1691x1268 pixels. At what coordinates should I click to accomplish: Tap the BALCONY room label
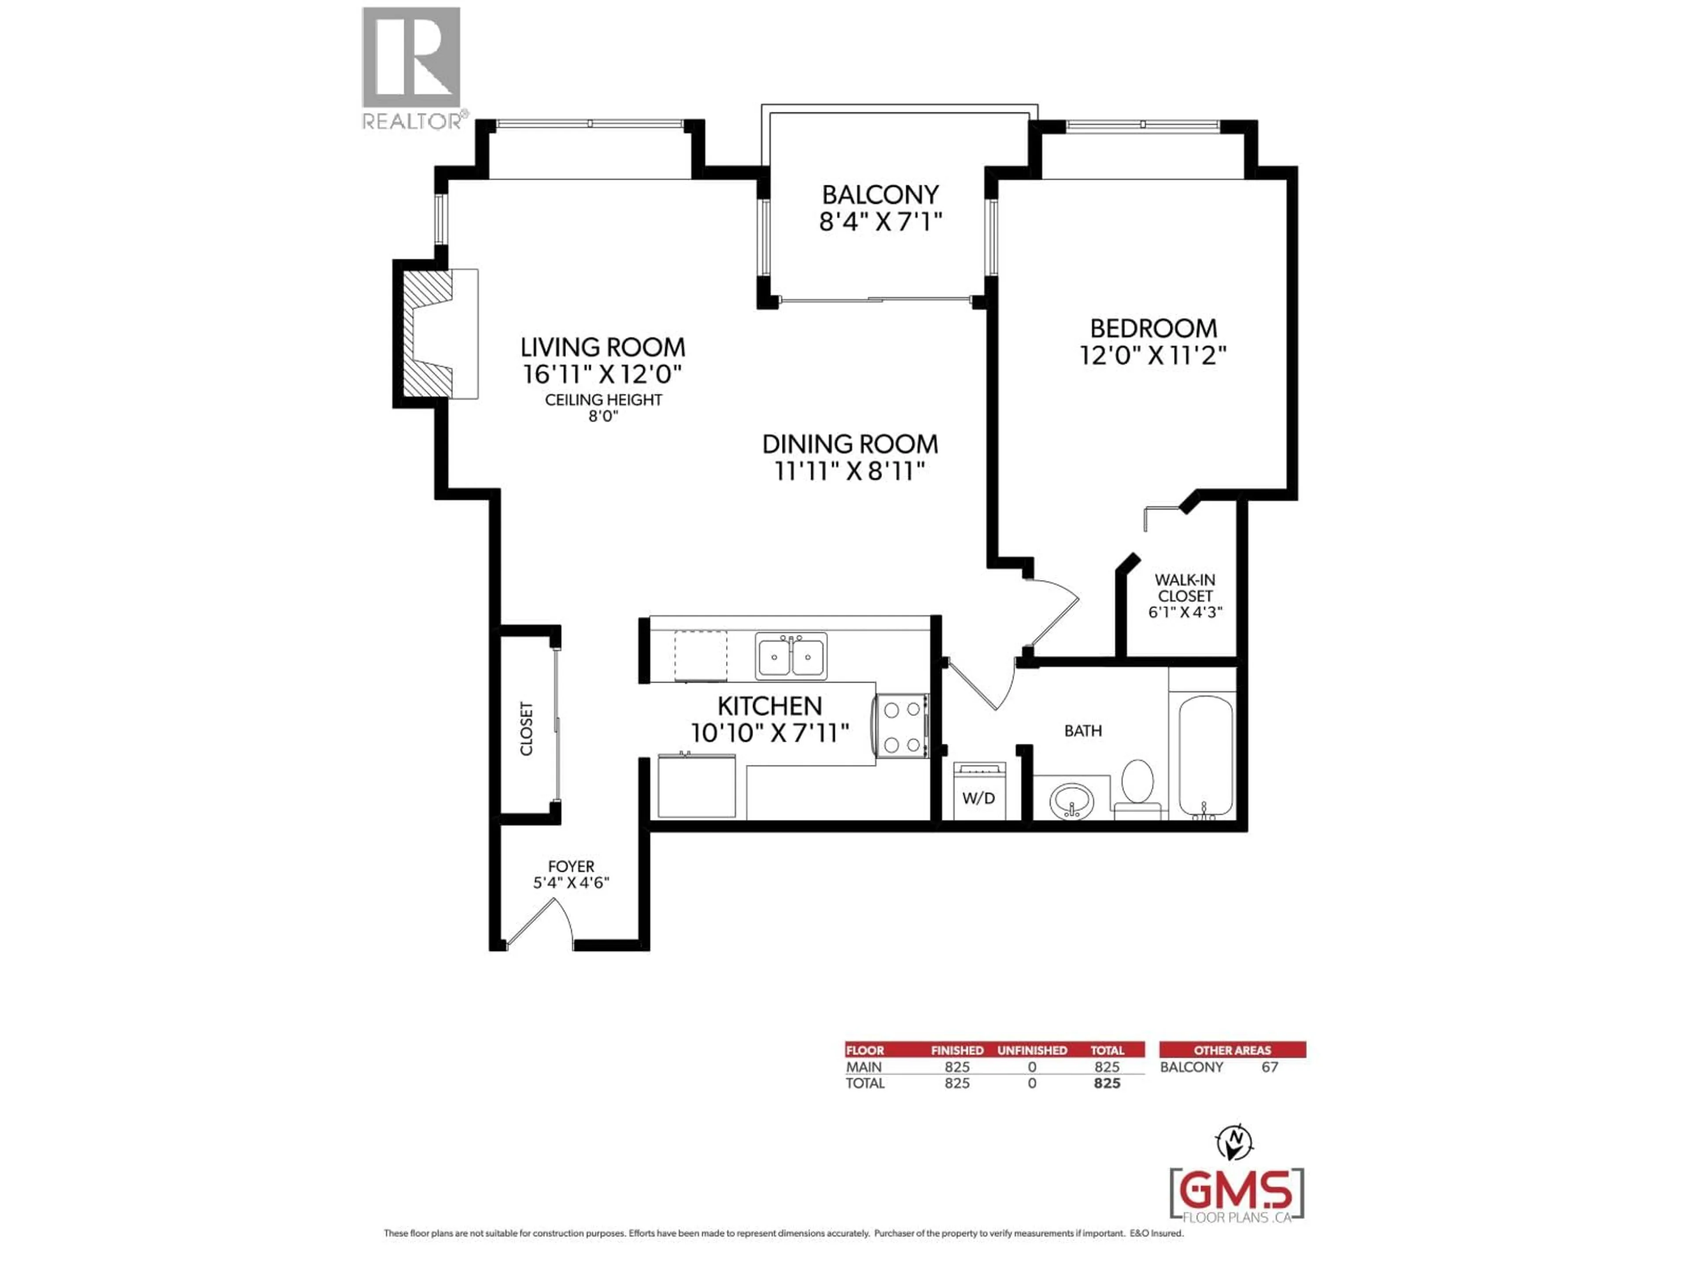coord(880,195)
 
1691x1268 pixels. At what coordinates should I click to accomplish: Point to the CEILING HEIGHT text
coord(603,400)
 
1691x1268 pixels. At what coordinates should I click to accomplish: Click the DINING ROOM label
coord(850,444)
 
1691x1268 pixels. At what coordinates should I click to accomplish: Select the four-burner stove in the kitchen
coord(902,726)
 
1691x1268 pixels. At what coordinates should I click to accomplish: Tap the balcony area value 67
coord(1270,1067)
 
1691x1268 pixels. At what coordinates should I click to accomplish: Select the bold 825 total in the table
coord(1107,1084)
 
